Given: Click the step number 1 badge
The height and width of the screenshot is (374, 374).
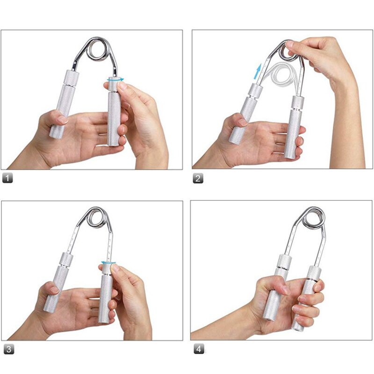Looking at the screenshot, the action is tap(7, 178).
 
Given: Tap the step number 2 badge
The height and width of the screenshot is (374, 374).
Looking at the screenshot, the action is tap(198, 179).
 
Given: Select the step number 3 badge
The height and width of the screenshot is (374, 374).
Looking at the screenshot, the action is tap(9, 349).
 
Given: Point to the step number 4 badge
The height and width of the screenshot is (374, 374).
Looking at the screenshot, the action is tap(199, 349).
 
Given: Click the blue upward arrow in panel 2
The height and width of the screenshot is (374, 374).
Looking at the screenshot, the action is tap(257, 71).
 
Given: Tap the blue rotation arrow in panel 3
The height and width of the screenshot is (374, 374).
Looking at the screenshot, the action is tap(108, 263).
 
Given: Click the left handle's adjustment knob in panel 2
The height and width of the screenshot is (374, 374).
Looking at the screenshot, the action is tap(255, 90).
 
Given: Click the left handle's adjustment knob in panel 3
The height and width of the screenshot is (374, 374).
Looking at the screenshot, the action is tap(66, 259).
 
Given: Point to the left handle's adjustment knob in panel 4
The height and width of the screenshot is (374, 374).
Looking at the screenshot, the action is tap(284, 261).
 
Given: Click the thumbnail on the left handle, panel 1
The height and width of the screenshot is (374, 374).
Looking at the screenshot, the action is tap(62, 119).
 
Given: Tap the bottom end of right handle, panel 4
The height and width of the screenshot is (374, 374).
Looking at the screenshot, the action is tap(298, 329).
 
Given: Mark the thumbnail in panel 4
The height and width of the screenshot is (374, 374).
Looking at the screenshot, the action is tap(286, 289).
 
